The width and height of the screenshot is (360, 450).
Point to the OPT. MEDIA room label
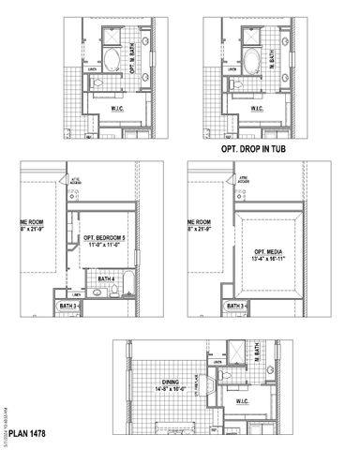272,252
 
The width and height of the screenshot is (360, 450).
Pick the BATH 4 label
106,278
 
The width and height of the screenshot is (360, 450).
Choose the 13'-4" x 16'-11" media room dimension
272,260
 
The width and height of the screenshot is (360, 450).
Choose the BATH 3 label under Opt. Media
237,306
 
